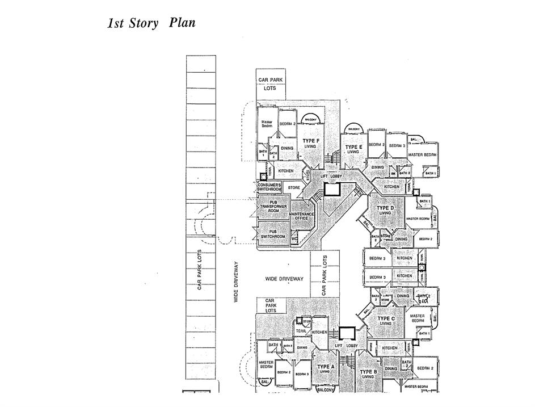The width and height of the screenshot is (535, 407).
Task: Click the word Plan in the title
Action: click(x=182, y=23)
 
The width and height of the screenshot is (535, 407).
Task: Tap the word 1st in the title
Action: click(x=117, y=24)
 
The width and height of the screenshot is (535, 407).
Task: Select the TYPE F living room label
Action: click(x=310, y=143)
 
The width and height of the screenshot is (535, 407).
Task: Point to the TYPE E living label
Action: click(x=353, y=149)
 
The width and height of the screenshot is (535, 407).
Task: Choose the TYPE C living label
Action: click(x=386, y=321)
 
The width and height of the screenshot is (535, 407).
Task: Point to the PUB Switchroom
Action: click(x=273, y=233)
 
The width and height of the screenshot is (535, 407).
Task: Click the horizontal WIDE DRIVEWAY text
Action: click(x=285, y=279)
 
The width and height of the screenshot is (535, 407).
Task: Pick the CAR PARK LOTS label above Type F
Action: click(x=271, y=84)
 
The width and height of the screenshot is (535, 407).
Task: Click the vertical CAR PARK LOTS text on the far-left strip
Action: click(x=200, y=271)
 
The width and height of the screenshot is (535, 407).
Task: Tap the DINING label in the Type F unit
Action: click(x=287, y=148)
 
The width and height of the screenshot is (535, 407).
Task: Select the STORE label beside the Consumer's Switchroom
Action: click(x=294, y=187)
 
